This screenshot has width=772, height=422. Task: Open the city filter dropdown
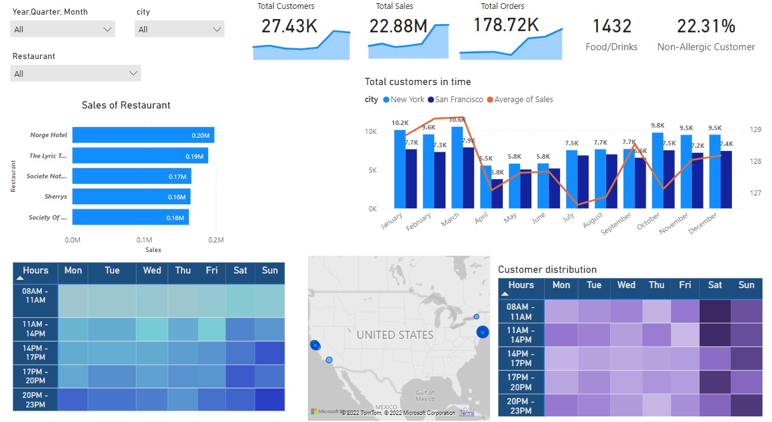point(179,29)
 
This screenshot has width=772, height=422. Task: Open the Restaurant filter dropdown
point(76,74)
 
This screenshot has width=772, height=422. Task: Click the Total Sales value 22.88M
point(398,25)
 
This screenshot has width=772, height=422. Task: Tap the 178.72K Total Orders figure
point(506,25)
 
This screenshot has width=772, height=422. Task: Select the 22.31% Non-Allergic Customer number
point(706,26)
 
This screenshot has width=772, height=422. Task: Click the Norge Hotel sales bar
point(143,135)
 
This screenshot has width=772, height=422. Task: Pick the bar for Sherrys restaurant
point(131,197)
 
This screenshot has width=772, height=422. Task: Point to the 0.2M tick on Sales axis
point(216,240)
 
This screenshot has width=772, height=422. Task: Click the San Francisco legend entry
point(455,100)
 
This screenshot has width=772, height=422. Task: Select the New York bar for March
point(456,168)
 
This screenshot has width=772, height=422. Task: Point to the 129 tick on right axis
point(755,129)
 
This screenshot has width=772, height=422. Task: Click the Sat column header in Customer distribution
point(715,286)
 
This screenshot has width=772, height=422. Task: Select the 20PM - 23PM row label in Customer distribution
point(521,405)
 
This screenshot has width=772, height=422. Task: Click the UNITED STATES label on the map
point(395,335)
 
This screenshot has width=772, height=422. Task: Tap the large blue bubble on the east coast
point(482,331)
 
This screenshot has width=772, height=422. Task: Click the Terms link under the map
point(467,413)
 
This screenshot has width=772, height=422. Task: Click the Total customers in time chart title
point(418,82)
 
